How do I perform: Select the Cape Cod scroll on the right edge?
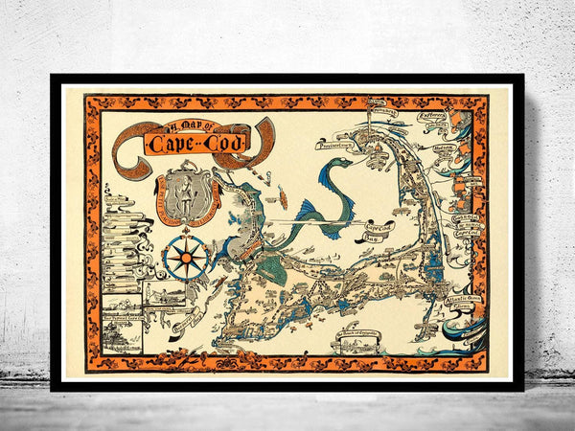[x=466, y=226]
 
